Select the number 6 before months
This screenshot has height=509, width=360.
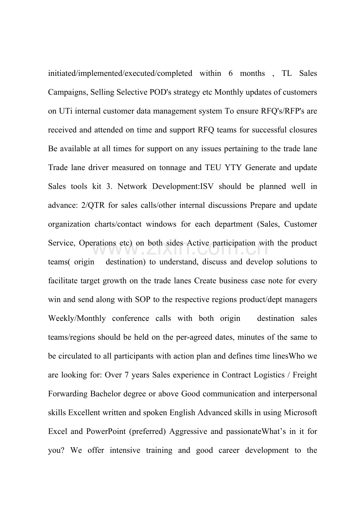231,73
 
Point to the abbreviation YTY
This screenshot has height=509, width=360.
233,168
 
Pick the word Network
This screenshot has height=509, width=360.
132,186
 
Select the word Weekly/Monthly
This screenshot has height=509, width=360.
77,318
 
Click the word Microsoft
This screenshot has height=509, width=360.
300,412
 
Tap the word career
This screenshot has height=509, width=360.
229,450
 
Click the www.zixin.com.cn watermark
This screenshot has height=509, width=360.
180,248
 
